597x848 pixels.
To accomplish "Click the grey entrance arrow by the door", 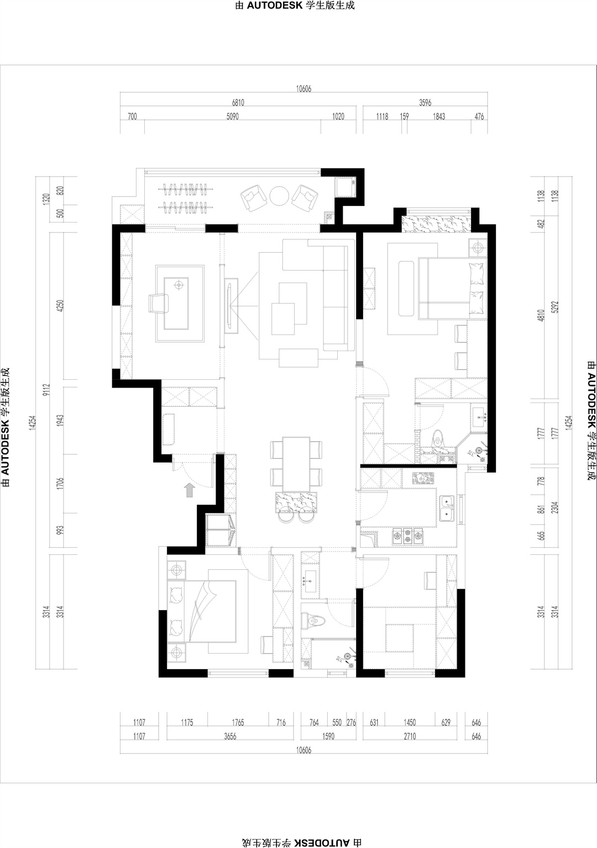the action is pos(190,490).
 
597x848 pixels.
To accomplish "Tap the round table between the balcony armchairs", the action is pos(279,195).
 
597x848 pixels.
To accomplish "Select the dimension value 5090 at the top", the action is pos(233,116).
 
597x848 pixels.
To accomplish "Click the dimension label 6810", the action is pos(238,103).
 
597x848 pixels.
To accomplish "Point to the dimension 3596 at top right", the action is pos(425,103).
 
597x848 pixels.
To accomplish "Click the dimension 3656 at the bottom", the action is pos(230,736).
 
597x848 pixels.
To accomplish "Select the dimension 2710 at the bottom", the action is pos(410,736).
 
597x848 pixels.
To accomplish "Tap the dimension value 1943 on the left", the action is pos(60,421).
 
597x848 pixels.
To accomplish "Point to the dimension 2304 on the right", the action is pos(556,507).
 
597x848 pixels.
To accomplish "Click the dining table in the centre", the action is pos(296,464).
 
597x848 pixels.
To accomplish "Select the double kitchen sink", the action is pos(447,508).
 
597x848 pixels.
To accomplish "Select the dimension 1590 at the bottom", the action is pos(328,736).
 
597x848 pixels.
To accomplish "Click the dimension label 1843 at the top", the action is pos(439,116).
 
